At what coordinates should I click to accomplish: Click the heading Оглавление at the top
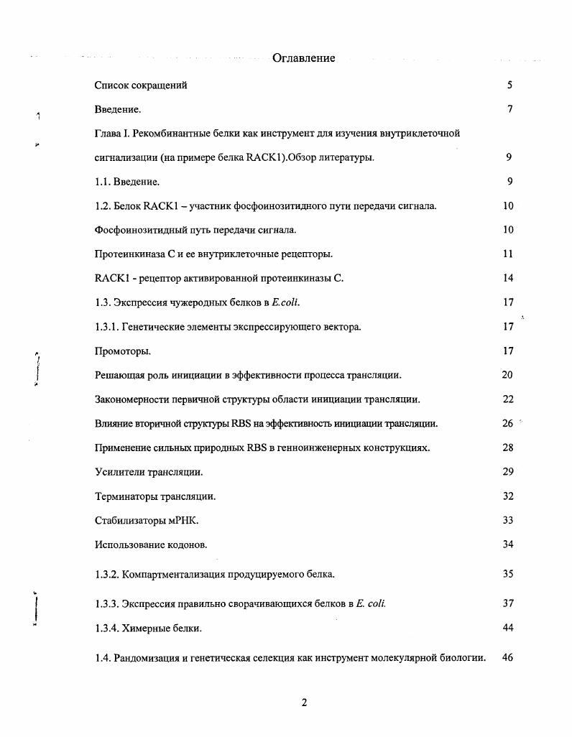pyautogui.click(x=303, y=58)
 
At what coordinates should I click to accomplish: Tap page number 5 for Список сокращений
pyautogui.click(x=509, y=85)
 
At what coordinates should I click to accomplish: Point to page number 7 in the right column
pyautogui.click(x=509, y=110)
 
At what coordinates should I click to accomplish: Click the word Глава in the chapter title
pyautogui.click(x=109, y=134)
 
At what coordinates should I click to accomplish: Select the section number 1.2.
pyautogui.click(x=104, y=206)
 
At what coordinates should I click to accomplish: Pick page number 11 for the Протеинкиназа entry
pyautogui.click(x=508, y=254)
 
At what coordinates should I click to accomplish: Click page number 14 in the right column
pyautogui.click(x=508, y=279)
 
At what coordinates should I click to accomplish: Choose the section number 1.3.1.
pyautogui.click(x=107, y=327)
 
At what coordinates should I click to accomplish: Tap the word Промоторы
pyautogui.click(x=122, y=351)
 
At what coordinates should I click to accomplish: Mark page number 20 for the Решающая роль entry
pyautogui.click(x=507, y=375)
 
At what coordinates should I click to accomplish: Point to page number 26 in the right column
pyautogui.click(x=507, y=424)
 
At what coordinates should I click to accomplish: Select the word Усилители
pyautogui.click(x=119, y=472)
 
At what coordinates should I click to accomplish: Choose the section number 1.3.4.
pyautogui.click(x=107, y=629)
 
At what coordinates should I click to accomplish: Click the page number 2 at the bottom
pyautogui.click(x=304, y=703)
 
